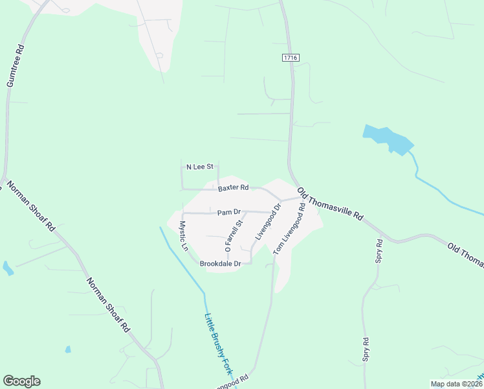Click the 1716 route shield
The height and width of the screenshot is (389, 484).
tap(291, 58)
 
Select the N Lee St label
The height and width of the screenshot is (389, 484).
tap(200, 167)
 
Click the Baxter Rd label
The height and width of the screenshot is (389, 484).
tap(233, 188)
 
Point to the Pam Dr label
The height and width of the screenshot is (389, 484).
tap(228, 212)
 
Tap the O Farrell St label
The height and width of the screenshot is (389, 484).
tap(233, 235)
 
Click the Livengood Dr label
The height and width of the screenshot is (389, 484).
tap(268, 222)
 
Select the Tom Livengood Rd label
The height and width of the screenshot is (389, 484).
tap(289, 229)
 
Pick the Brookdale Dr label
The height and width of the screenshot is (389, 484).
tap(220, 264)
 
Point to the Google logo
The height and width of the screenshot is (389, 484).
tap(21, 381)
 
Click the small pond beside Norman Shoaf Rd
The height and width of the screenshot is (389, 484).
tap(8, 268)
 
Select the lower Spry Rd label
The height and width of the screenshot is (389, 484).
tap(366, 349)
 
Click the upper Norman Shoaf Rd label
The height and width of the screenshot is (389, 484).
tap(31, 207)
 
